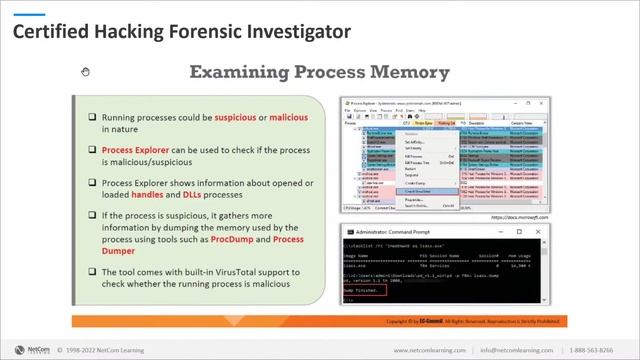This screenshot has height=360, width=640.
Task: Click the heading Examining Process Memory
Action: pos(320,72)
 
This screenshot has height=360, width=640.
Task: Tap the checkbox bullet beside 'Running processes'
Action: pos(91,118)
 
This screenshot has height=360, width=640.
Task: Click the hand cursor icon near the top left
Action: pos(86,71)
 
